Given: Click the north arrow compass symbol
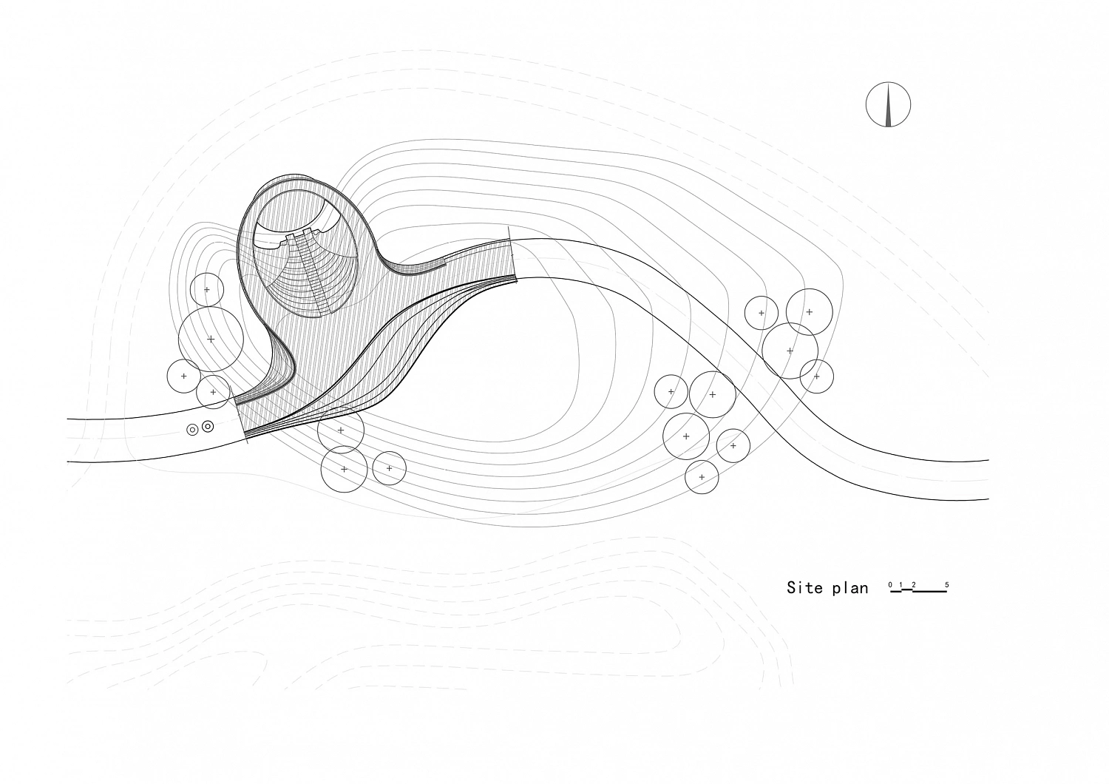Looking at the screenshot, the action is [888, 104].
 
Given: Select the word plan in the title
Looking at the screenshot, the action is [849, 589].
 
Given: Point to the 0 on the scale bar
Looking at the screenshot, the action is [890, 585].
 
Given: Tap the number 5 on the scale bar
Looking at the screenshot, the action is [947, 585].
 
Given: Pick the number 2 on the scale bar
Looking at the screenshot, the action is [914, 585].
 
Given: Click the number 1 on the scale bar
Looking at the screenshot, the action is [901, 585].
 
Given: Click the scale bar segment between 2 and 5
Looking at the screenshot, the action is [930, 592].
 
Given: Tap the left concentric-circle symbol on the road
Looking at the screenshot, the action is [192, 430].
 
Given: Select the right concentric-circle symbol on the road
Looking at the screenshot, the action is [208, 426].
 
